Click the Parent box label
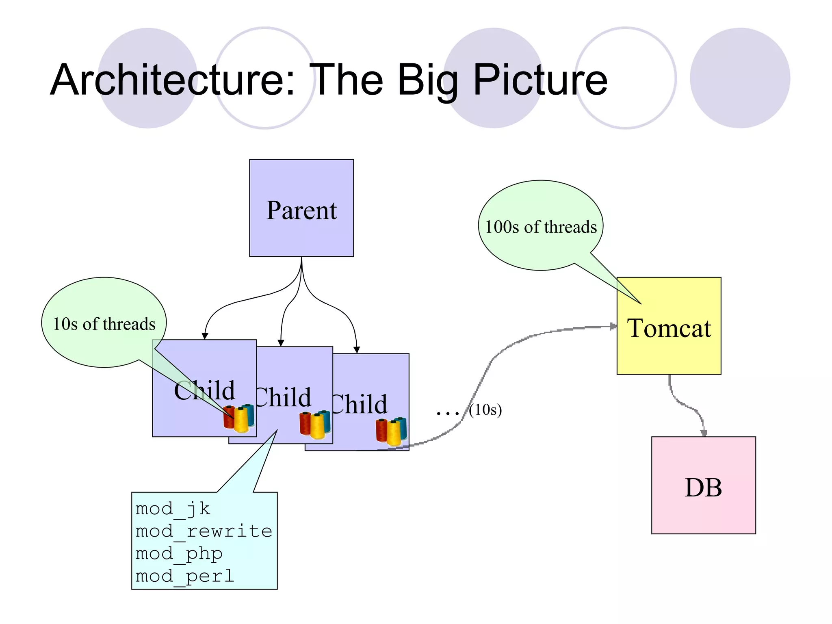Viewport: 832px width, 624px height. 301,210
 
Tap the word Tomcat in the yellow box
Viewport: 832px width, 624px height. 669,328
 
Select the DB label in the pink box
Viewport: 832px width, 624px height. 703,487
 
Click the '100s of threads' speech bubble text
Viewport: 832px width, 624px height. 541,227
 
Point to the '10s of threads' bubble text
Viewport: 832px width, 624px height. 104,324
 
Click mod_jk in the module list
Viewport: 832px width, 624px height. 173,509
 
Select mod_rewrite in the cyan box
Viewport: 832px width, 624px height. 204,531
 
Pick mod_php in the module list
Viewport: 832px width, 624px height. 179,554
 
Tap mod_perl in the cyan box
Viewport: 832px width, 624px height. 185,576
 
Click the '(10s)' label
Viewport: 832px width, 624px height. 485,409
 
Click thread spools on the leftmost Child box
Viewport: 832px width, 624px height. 239,418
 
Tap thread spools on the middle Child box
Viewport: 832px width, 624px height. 315,425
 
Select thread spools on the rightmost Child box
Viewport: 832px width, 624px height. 391,431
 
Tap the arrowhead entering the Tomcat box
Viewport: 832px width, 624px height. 613,326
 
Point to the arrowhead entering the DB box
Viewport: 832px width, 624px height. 704,433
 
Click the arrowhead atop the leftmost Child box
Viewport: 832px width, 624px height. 205,336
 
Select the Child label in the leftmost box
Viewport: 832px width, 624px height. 204,391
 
